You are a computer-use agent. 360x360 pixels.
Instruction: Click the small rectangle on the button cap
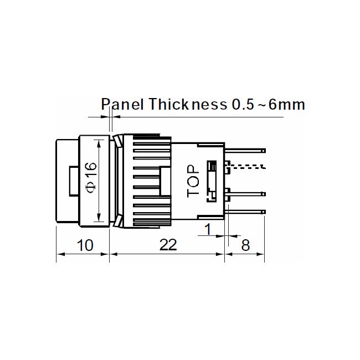[x=72, y=181]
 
